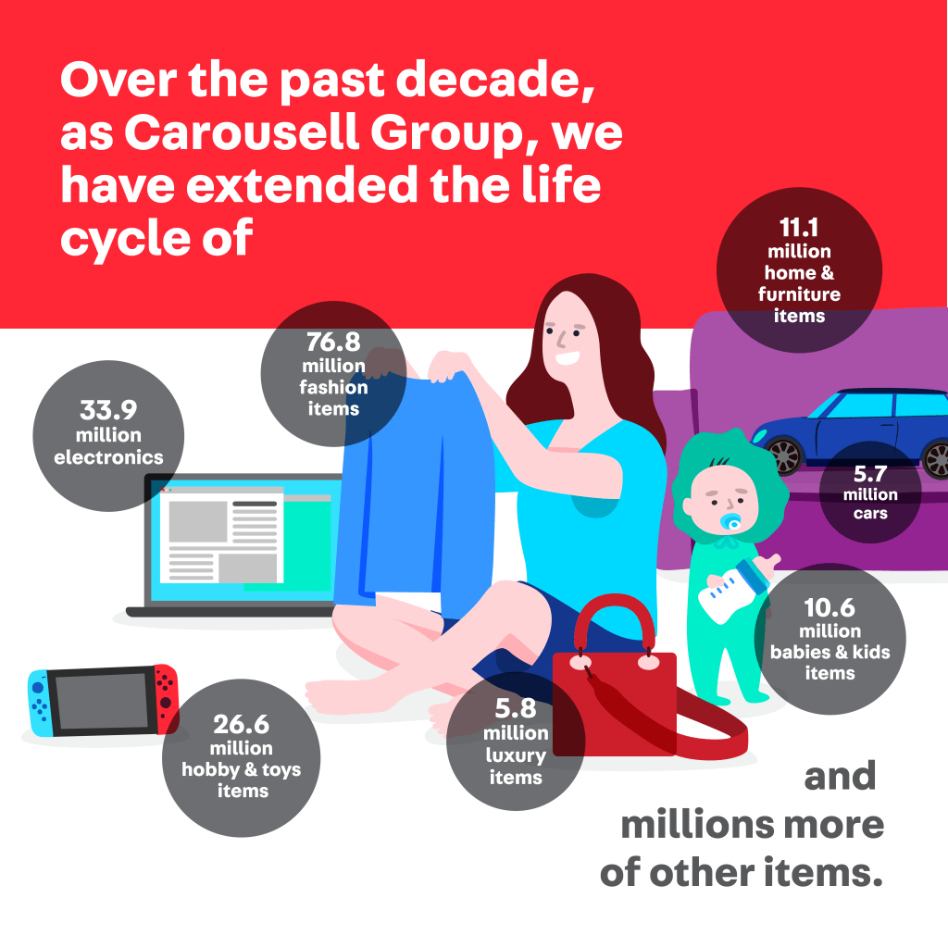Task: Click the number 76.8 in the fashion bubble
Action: (333, 342)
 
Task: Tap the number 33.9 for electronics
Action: (108, 410)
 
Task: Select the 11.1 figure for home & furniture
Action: (799, 228)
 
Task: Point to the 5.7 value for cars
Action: (870, 473)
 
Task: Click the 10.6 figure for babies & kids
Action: (829, 607)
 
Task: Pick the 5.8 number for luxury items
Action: (516, 708)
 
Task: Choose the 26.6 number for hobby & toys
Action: (242, 724)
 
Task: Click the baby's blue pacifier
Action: (731, 522)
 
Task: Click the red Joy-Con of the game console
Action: (167, 698)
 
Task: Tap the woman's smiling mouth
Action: (568, 358)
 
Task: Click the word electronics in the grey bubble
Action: (109, 457)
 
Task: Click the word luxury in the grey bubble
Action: (516, 755)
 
